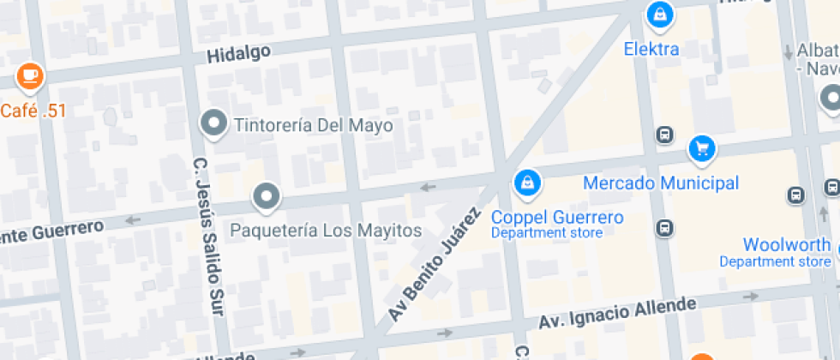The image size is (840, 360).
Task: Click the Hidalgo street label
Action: pos(238,53)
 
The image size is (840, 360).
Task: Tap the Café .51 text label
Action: pos(33,110)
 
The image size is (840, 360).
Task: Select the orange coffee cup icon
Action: pos(30,75)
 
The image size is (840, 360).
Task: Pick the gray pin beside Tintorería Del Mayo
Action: pos(213,123)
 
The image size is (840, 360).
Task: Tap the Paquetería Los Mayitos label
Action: pos(326,231)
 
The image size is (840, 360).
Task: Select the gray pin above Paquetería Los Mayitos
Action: pos(267,197)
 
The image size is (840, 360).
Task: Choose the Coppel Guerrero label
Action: pos(557,218)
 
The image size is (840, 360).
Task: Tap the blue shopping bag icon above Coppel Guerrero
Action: pos(525,182)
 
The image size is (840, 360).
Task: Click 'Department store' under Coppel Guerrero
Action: pos(546,233)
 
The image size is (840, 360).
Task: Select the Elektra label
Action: pos(651,49)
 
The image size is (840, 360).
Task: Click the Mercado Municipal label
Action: pos(660,183)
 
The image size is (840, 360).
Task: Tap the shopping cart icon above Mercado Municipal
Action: pos(702,148)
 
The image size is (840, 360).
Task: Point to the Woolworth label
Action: pos(786,245)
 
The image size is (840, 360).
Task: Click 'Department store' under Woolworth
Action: pos(775,261)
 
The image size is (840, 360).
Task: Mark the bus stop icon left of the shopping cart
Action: pos(663,135)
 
